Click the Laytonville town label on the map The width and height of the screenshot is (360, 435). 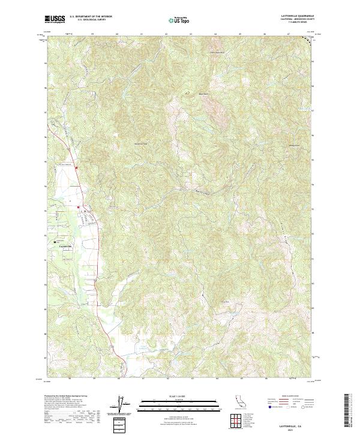(x=64, y=246)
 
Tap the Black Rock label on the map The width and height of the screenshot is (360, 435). (x=203, y=94)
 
